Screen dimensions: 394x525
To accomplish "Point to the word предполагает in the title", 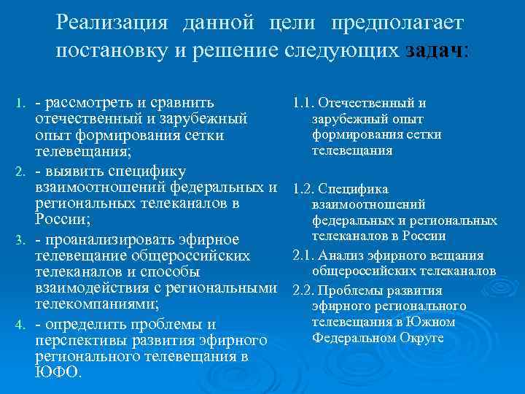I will [x=397, y=23].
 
